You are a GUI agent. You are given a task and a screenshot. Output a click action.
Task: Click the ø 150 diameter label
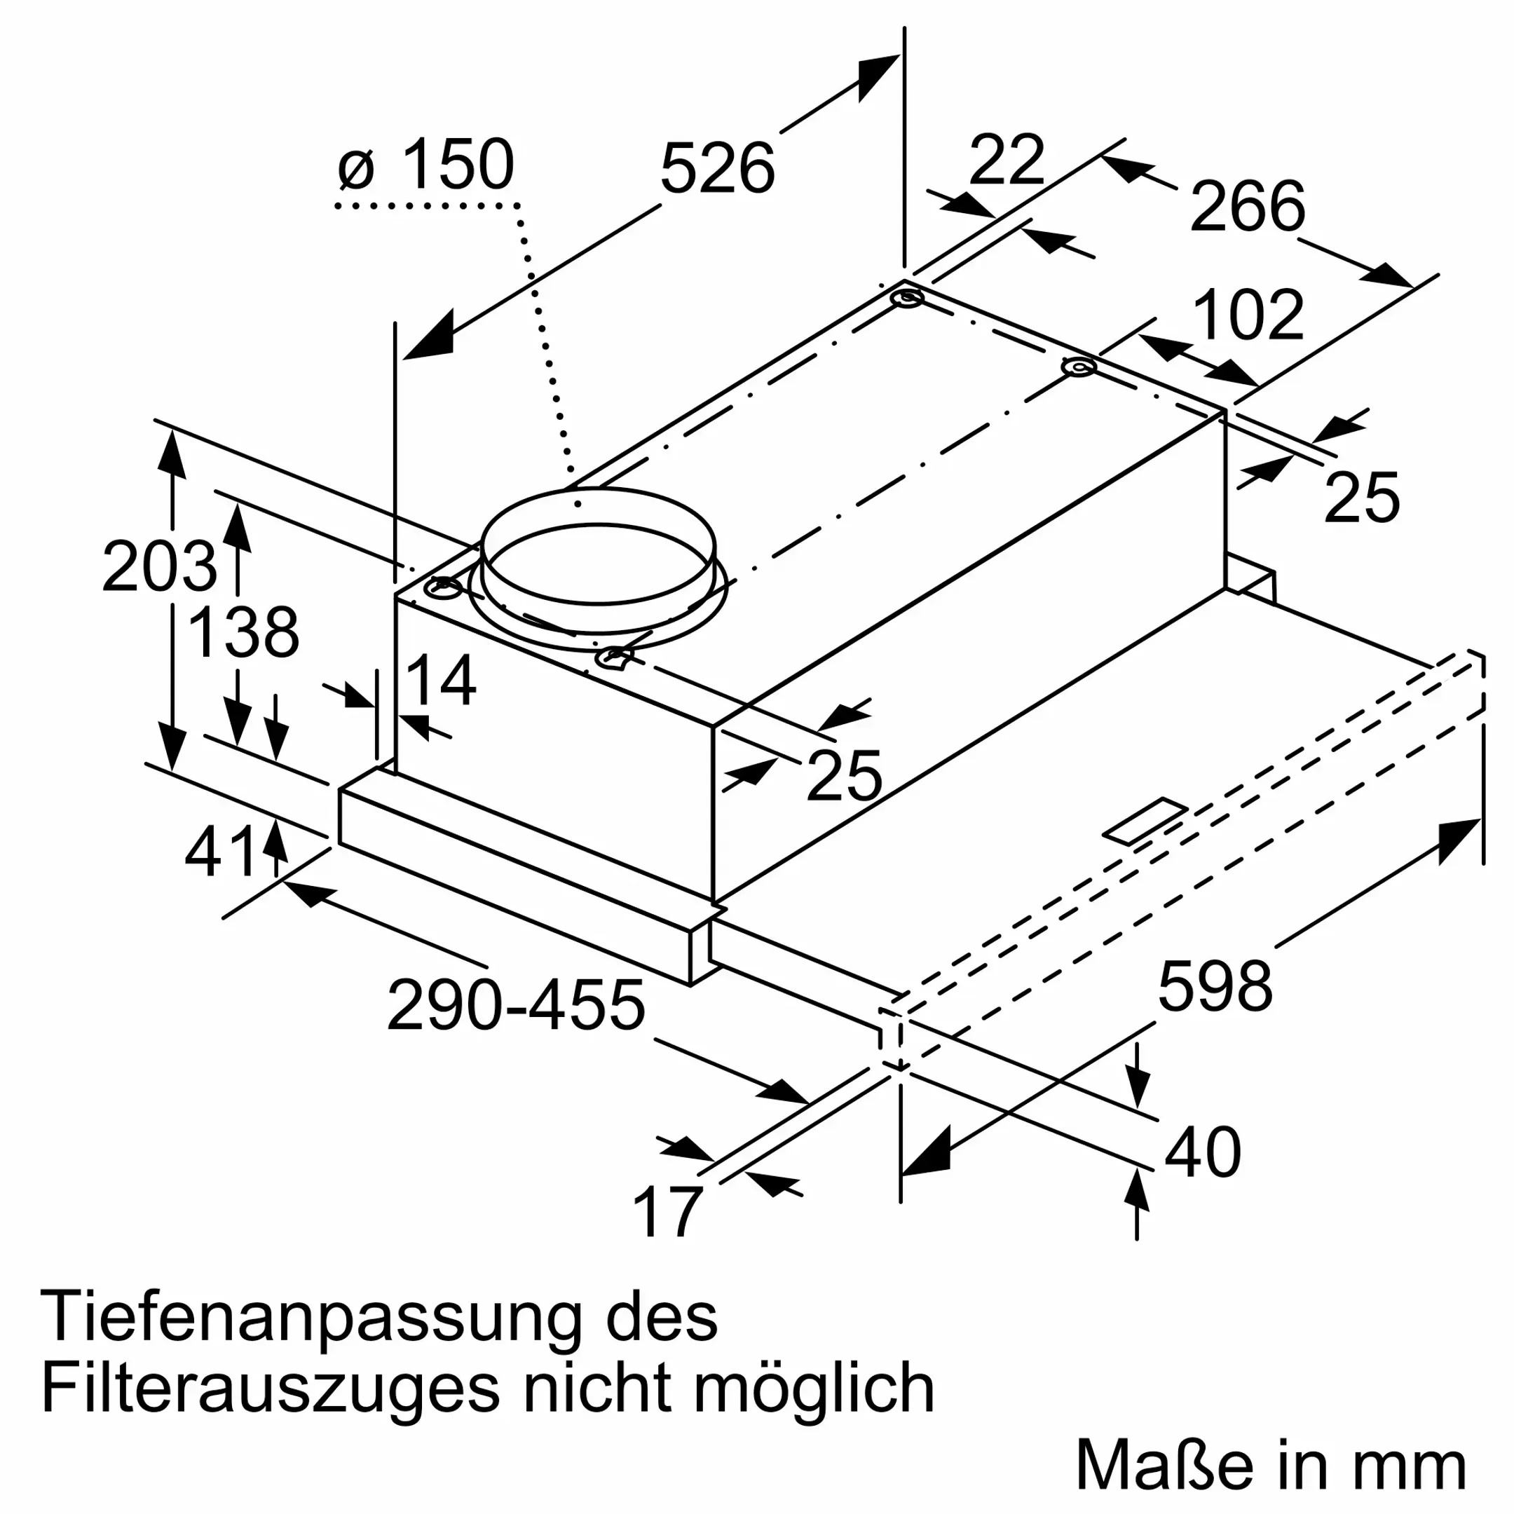(427, 165)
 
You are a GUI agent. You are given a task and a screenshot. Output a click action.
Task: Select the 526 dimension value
(717, 168)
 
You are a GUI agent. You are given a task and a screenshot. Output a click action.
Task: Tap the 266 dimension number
(1248, 206)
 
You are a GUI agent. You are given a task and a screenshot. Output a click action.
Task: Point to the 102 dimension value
(1248, 315)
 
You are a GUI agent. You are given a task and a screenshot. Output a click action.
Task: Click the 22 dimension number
(1007, 161)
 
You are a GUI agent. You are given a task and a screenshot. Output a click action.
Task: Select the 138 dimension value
(244, 632)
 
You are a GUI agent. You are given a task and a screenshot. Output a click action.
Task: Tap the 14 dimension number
(441, 680)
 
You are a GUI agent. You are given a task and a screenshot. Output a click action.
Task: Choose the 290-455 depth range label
(516, 1005)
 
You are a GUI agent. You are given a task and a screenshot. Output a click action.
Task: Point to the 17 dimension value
(666, 1213)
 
